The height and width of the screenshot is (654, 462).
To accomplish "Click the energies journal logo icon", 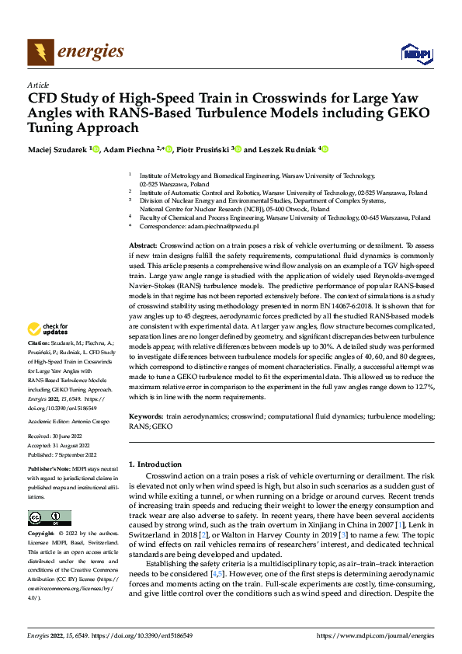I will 40,53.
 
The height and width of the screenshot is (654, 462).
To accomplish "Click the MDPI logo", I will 415,53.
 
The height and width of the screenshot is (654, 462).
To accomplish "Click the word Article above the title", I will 38,85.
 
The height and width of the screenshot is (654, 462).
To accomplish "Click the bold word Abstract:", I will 143,244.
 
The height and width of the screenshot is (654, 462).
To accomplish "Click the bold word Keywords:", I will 146,417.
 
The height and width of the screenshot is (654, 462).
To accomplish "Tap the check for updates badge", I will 50,329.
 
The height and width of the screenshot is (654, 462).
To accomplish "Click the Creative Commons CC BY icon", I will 50,517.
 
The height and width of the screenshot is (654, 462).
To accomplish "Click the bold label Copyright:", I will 42,534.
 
